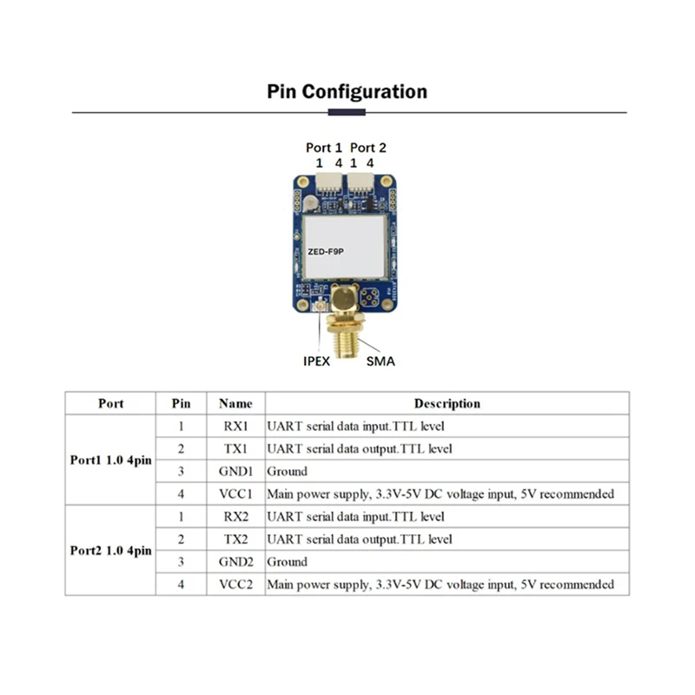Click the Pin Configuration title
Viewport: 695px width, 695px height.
pos(347,91)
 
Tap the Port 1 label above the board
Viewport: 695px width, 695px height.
pos(324,148)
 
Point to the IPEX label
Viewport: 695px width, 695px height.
pos(316,361)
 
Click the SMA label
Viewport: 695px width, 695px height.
pos(381,361)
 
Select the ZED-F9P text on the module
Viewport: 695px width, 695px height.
pos(326,251)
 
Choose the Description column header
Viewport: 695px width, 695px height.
pos(447,403)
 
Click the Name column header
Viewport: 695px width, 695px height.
pos(235,403)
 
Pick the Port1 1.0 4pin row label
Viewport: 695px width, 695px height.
pos(110,460)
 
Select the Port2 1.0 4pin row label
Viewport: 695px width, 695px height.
pos(110,551)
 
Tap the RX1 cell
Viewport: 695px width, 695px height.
pos(235,427)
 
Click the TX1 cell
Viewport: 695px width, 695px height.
pos(235,449)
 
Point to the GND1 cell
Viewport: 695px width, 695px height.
pos(235,472)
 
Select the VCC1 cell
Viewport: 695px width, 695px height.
pos(235,494)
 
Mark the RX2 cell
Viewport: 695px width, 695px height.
pos(235,517)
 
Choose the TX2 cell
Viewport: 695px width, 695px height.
pos(235,539)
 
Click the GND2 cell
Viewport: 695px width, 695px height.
pos(235,562)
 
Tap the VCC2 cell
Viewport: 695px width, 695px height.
pos(235,585)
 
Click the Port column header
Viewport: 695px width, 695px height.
pos(110,403)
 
